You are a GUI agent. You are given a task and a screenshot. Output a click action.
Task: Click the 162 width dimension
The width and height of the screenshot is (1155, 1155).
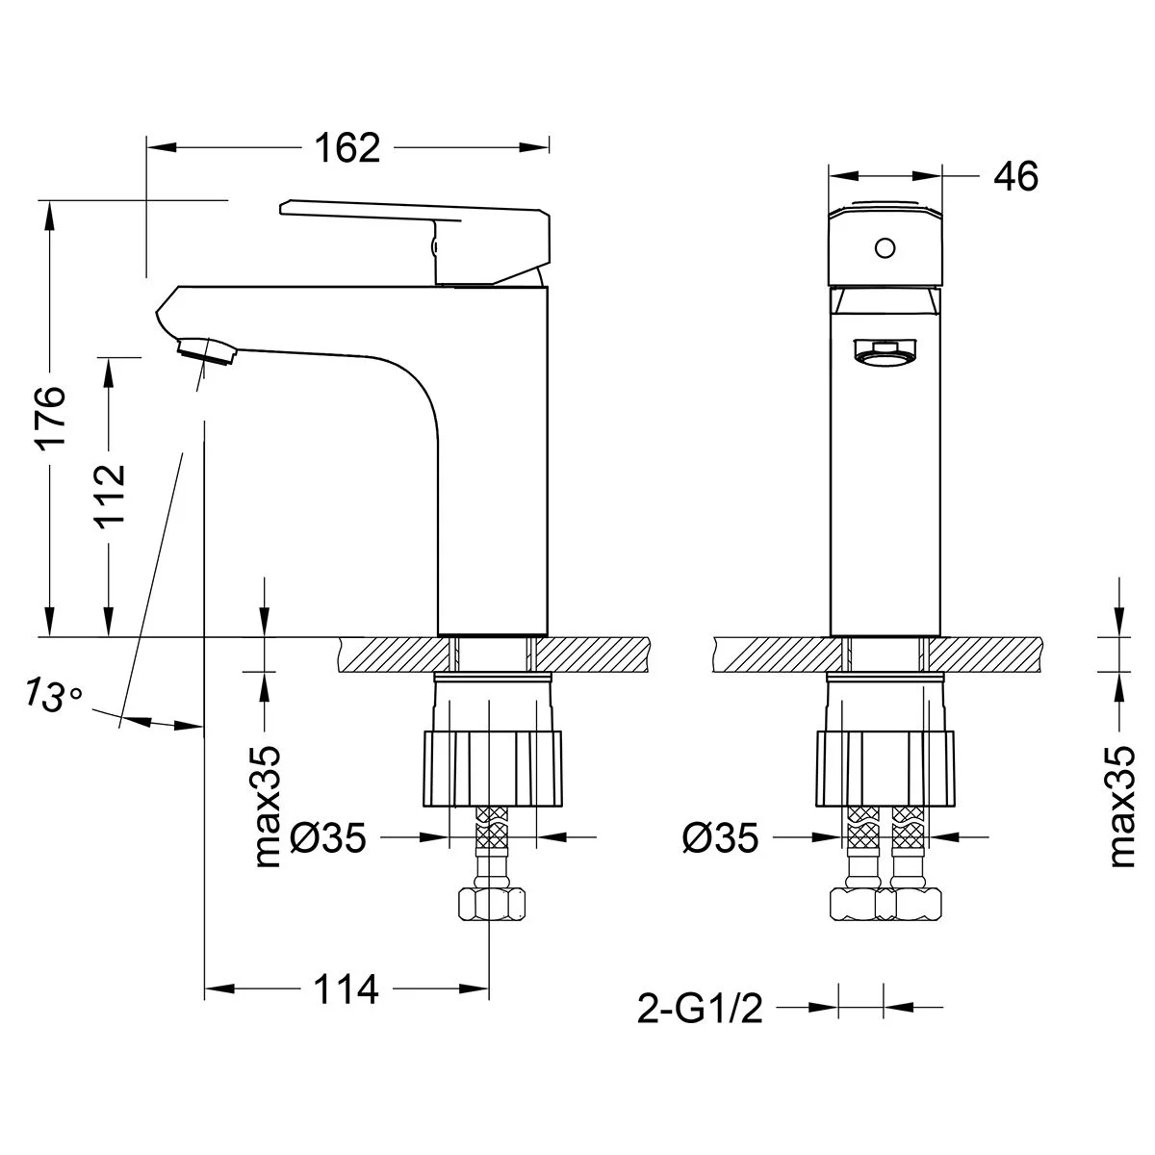tap(347, 147)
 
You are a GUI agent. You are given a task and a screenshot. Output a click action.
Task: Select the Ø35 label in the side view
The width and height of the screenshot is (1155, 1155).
tap(328, 837)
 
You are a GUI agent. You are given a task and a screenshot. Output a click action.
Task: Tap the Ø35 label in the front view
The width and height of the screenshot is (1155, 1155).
tap(720, 837)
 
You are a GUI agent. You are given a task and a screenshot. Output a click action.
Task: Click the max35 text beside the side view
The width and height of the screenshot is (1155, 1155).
tap(268, 807)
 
